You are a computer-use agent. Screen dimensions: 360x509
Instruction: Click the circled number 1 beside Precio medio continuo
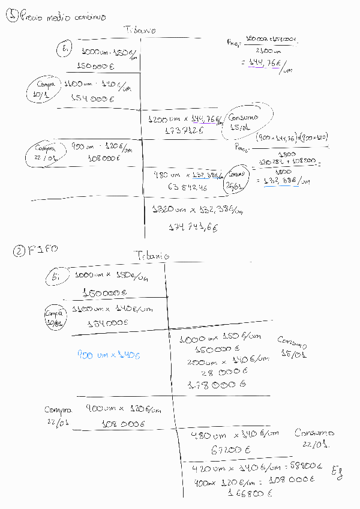[12, 17]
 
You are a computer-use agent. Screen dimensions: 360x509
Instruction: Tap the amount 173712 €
[183, 130]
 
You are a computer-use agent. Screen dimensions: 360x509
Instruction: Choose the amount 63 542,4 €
[188, 186]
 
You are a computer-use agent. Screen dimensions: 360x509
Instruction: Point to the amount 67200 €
[222, 449]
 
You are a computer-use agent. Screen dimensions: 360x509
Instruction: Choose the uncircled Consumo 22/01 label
[314, 439]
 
